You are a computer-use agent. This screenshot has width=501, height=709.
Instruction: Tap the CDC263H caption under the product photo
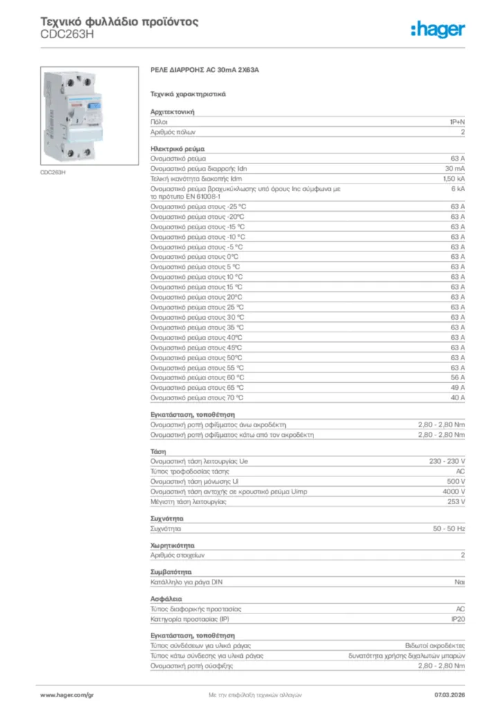pos(53,172)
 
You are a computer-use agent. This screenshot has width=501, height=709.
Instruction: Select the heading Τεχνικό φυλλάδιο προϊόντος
pos(120,21)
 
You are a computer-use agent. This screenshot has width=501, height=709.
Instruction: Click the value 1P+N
pos(457,121)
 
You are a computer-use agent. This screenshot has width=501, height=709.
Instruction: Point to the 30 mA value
pos(455,168)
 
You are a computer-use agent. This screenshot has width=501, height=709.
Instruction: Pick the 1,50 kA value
pos(453,179)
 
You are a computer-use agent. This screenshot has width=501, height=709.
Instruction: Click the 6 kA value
pos(458,188)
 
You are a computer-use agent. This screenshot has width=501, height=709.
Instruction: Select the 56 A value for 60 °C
pos(457,377)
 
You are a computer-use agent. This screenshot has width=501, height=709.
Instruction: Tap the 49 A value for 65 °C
pos(457,388)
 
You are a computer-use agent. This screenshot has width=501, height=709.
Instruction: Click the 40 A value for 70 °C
pos(457,397)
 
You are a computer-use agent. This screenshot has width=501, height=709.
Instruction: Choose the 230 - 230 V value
pos(448,461)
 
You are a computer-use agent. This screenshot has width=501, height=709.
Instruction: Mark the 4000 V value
pos(453,491)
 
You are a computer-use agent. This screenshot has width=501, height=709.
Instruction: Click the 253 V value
pos(456,501)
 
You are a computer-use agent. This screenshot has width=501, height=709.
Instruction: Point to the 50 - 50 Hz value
pos(449,528)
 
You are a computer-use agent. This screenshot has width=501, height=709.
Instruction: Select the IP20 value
pos(457,619)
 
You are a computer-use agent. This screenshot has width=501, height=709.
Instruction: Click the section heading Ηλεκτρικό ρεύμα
pos(177,148)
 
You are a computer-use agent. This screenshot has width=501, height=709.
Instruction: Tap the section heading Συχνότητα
pos(167,519)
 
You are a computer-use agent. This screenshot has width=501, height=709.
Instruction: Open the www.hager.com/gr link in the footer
pos(66,694)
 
